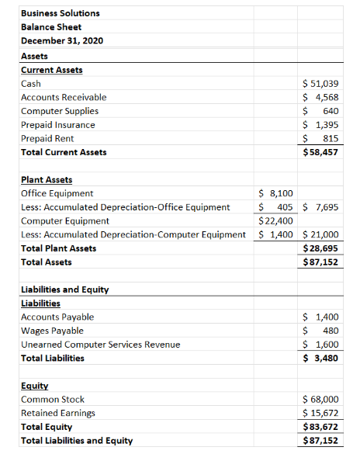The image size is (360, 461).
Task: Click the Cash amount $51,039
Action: pos(320,84)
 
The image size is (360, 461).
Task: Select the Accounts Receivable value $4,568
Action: pos(320,97)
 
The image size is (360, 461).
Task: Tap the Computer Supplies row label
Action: pos(59,111)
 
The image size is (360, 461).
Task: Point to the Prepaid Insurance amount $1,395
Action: pos(320,125)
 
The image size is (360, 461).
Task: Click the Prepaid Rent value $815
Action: pos(320,138)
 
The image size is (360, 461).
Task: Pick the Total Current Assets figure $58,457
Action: pos(320,152)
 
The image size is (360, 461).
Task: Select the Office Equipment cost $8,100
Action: pos(275,193)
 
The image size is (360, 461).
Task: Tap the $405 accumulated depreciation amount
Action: pos(275,207)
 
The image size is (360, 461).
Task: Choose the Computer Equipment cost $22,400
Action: pos(275,220)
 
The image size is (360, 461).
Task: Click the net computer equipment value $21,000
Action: pos(320,234)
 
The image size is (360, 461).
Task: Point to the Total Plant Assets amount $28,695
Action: pos(320,248)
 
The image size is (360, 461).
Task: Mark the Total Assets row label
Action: pos(46,262)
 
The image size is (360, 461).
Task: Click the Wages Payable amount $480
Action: pos(320,331)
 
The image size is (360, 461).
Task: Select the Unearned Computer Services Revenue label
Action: pos(95,345)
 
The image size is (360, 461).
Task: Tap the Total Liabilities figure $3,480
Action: pos(320,359)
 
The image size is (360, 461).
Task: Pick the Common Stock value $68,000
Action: pos(320,400)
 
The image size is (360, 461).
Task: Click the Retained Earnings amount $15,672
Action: pos(320,413)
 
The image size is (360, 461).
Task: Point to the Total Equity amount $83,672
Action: pos(320,427)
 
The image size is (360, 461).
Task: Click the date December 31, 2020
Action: pos(62,40)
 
